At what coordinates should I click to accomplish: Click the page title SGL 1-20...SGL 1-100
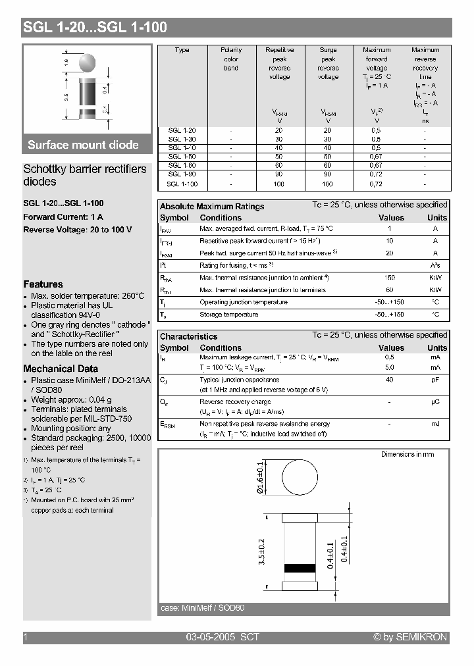point(95,27)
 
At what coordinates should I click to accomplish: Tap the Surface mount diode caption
point(83,145)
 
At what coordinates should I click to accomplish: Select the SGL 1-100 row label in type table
point(182,184)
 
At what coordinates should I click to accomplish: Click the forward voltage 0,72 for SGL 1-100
point(376,184)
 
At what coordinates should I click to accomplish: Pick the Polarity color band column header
point(231,59)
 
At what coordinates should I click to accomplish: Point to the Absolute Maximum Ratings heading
point(212,206)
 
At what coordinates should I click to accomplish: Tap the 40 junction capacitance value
point(390,380)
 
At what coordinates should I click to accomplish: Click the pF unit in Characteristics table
point(436,380)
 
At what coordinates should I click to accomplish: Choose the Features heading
point(43,284)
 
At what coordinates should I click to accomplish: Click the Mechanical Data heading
point(61,369)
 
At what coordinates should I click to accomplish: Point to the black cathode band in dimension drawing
point(300,568)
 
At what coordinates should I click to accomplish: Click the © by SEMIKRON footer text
point(410,637)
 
